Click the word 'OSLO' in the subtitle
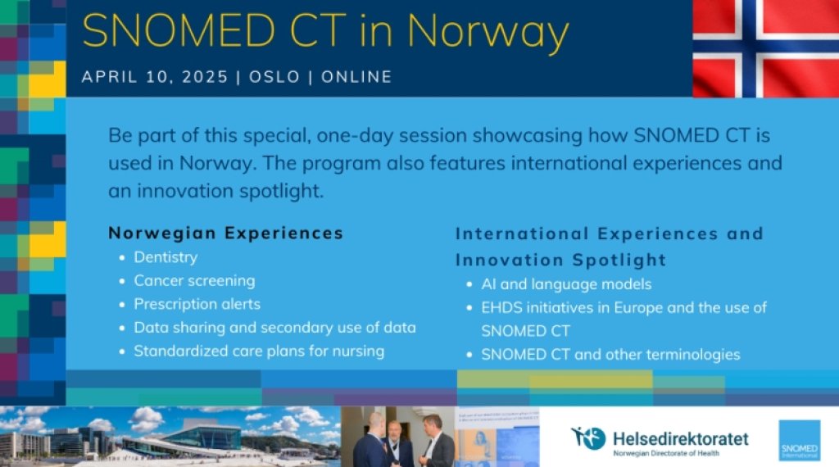pyautogui.click(x=274, y=77)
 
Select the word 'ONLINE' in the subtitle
pyautogui.click(x=356, y=77)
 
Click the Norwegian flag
pyautogui.click(x=765, y=48)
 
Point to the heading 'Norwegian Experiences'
pyautogui.click(x=225, y=233)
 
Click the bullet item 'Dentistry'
pyautogui.click(x=166, y=257)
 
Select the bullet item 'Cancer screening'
pyautogui.click(x=194, y=280)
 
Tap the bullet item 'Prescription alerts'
pyautogui.click(x=197, y=304)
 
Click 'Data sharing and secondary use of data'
pyautogui.click(x=274, y=328)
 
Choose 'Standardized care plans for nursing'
pyautogui.click(x=259, y=351)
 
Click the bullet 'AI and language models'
pyautogui.click(x=566, y=284)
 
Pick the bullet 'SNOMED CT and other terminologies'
pyautogui.click(x=610, y=355)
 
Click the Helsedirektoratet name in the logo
pyautogui.click(x=680, y=438)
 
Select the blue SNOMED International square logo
pyautogui.click(x=799, y=440)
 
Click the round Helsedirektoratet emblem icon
pyautogui.click(x=588, y=438)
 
